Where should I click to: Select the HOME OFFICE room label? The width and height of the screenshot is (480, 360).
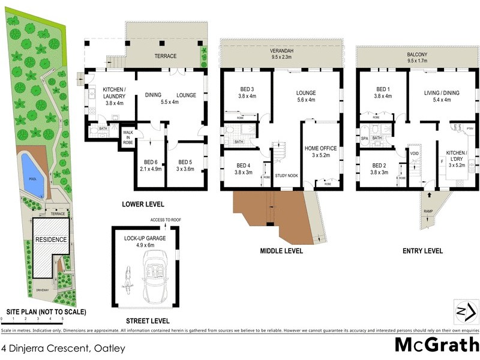(320, 148)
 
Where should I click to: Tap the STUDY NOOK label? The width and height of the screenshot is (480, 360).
(286, 176)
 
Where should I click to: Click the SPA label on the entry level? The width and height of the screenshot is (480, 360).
(364, 138)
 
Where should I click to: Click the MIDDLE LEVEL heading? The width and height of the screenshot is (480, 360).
(281, 250)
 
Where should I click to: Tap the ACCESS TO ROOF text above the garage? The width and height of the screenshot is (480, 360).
(166, 220)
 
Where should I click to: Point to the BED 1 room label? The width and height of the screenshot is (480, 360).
(382, 91)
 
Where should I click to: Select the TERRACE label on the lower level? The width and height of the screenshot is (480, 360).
(166, 56)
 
